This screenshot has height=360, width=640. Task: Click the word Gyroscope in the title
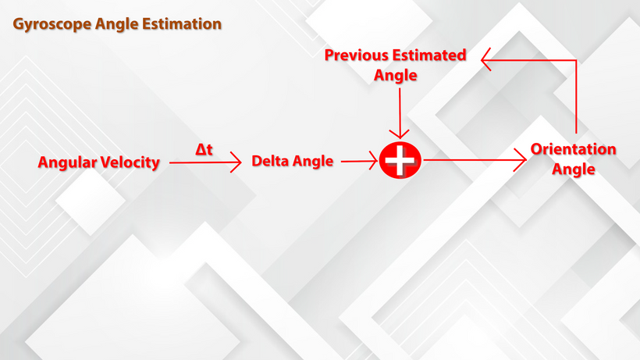(52, 24)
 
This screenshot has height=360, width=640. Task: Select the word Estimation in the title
(182, 23)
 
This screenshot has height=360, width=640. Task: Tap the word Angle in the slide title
(117, 24)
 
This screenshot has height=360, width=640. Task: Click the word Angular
(67, 162)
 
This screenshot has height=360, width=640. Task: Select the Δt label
(204, 149)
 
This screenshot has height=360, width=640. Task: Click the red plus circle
(400, 160)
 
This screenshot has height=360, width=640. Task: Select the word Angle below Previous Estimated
(396, 76)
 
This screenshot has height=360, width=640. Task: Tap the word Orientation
(574, 149)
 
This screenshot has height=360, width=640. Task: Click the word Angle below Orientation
(574, 169)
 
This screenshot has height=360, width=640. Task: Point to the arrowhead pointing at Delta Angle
(236, 162)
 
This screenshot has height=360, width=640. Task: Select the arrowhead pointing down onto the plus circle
(400, 134)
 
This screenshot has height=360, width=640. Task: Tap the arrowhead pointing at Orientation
(521, 159)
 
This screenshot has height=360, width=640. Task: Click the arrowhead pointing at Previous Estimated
(485, 59)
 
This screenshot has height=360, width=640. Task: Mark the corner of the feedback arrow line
(576, 60)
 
